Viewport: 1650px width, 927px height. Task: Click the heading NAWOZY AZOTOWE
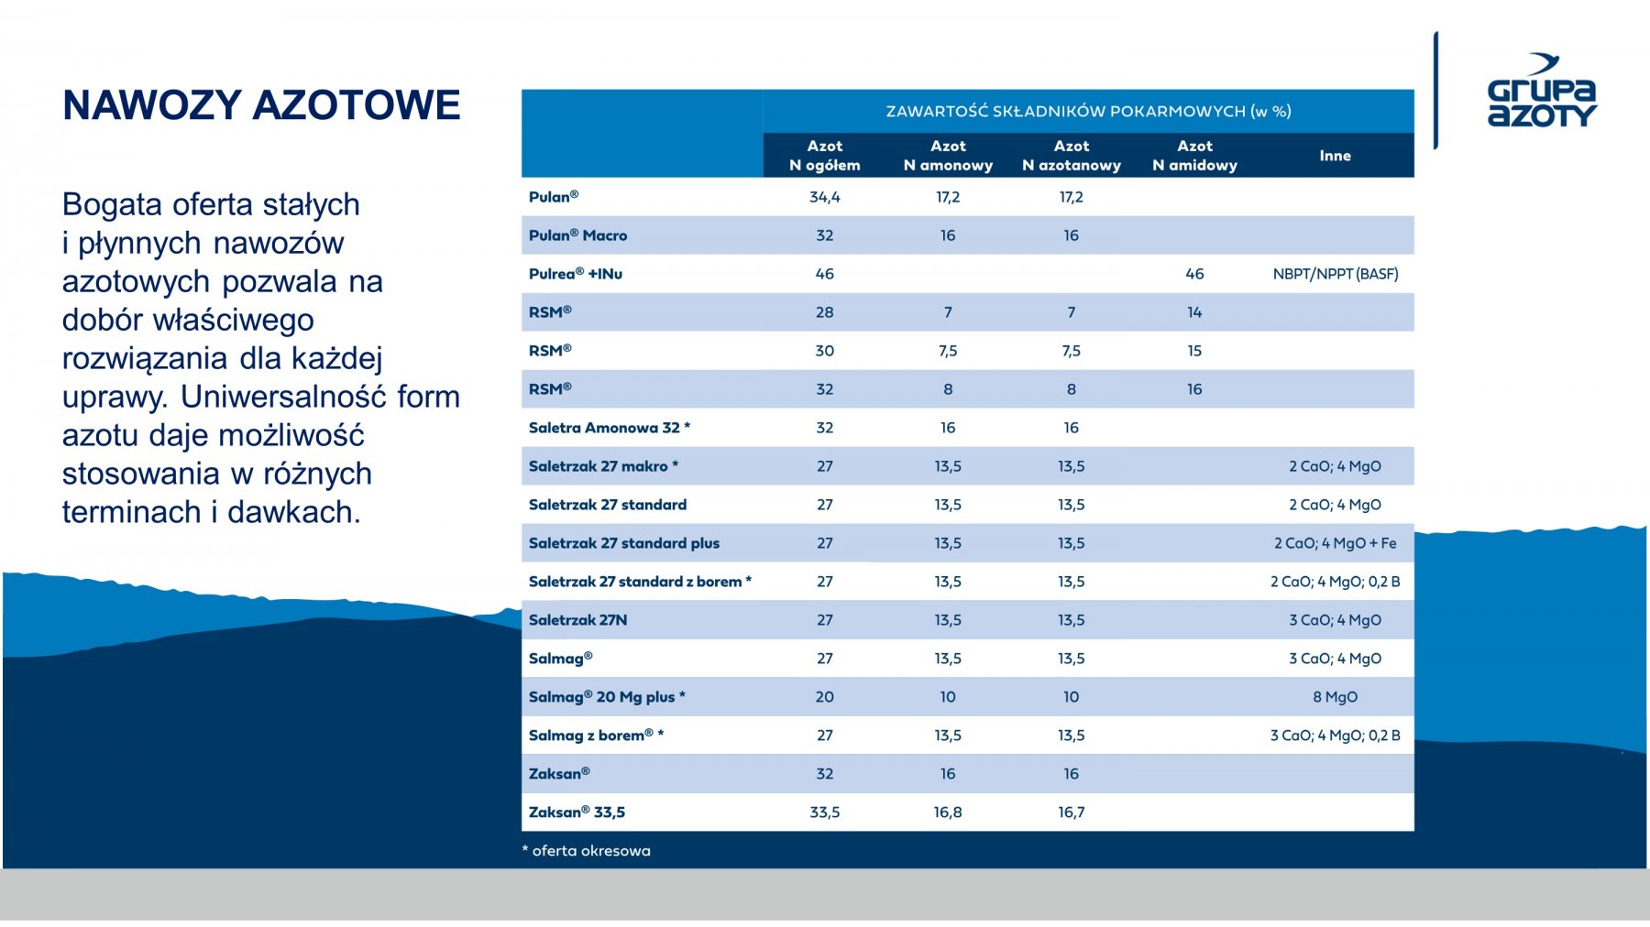261,105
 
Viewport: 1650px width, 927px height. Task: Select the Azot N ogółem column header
824,156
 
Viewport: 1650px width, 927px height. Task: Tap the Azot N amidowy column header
1194,156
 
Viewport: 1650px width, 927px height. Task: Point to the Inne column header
1335,156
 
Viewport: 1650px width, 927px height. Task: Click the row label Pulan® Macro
577,235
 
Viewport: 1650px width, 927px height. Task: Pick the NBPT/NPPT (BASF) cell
1335,274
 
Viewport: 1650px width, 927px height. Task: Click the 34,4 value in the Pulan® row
824,197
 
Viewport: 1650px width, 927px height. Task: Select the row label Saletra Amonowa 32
609,428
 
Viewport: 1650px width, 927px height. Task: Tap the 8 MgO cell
1335,697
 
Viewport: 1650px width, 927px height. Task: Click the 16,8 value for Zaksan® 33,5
948,812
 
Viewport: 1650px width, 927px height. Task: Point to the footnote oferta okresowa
587,851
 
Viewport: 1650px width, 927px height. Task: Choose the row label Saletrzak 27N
577,620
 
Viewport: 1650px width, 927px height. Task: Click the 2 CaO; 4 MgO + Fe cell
1335,543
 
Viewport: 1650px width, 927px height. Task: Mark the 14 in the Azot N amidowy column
1194,312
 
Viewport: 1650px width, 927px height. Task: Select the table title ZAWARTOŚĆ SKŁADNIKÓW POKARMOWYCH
1088,112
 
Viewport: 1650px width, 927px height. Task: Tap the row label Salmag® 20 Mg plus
606,697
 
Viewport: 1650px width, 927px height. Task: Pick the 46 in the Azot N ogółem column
824,274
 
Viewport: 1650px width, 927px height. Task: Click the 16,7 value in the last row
1071,812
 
